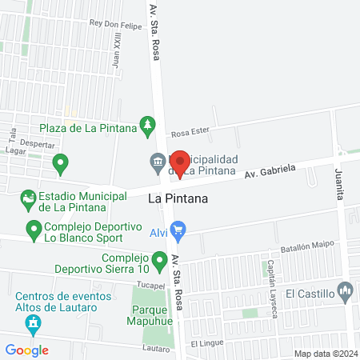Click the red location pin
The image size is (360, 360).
180,163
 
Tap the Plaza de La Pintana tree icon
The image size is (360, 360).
147,124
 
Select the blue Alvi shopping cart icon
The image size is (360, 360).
178,233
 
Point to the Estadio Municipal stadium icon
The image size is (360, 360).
29,198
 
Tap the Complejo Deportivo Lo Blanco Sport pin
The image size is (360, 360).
34,231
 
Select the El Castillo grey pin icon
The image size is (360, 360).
346,289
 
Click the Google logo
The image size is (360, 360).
27,350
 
